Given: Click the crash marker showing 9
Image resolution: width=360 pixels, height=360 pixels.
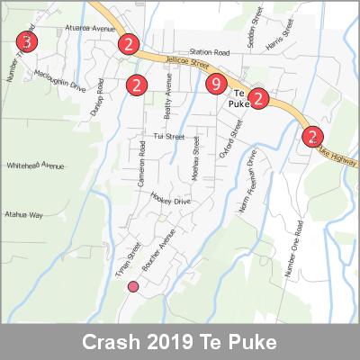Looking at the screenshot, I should (214, 85).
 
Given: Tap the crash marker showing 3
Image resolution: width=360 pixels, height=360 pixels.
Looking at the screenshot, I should (28, 42).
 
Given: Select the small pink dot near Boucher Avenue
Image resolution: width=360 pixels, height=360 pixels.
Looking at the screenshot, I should (133, 287).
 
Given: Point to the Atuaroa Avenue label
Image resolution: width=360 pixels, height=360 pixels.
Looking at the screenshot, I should (91, 29).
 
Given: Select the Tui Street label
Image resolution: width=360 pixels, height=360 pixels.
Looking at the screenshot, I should (168, 137).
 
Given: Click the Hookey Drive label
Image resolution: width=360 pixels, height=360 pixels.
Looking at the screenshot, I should (170, 202).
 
